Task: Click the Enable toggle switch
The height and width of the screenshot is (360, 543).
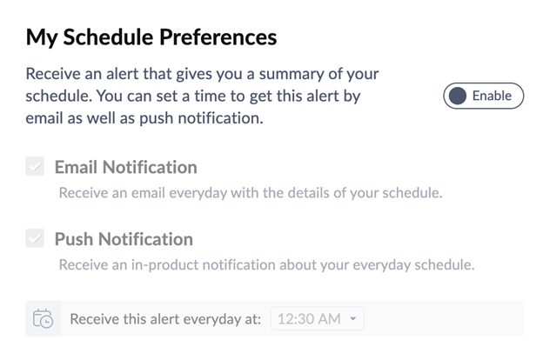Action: tap(484, 96)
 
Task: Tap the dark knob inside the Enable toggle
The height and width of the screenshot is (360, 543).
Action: tap(458, 96)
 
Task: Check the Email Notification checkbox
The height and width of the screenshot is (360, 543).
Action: tap(35, 166)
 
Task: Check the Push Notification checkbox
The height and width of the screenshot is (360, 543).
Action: tap(35, 238)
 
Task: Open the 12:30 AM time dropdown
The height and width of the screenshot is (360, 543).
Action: tap(318, 318)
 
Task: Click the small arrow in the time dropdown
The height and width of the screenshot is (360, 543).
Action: tap(353, 318)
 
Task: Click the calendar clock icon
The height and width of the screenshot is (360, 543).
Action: tap(43, 318)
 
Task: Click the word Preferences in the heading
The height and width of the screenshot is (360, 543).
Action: tap(218, 37)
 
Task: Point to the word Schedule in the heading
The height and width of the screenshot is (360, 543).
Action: tap(108, 37)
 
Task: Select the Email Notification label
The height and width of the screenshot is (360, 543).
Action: tap(126, 167)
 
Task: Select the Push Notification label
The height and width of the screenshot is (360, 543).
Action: tap(124, 239)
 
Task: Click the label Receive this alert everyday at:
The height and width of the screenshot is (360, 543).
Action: tap(165, 319)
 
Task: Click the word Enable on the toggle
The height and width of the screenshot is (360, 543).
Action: tap(492, 96)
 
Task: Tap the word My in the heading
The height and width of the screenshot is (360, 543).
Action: tap(41, 37)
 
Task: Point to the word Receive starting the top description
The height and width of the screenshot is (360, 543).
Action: tap(52, 74)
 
